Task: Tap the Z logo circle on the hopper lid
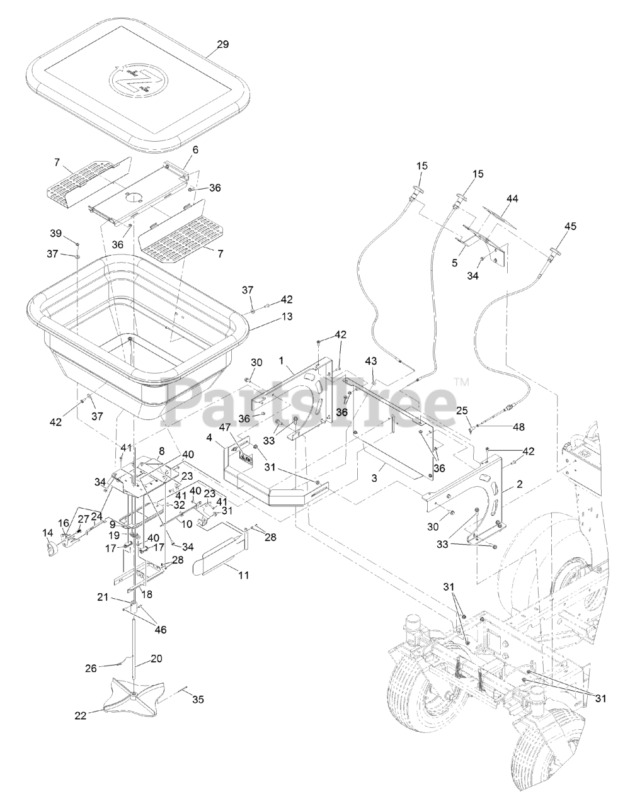coord(137,80)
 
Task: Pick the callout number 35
coord(198,699)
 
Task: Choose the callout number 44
coord(512,199)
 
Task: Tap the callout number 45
coord(570,225)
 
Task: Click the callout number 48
coord(518,426)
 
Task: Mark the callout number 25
coord(462,410)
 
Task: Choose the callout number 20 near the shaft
coord(157,659)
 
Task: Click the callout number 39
coord(56,234)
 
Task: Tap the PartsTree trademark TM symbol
coord(461,382)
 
